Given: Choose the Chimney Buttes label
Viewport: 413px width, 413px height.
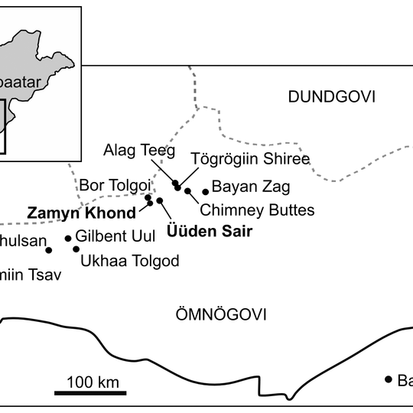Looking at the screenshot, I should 256,209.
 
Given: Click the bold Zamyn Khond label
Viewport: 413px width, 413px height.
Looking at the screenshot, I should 81,213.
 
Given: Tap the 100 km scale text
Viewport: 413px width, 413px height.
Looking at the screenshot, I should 93,381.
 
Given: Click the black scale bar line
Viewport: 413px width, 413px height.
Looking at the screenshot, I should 90,393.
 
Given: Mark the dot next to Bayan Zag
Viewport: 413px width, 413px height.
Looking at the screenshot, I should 205,192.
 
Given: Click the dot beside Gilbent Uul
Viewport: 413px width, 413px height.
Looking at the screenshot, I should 68,239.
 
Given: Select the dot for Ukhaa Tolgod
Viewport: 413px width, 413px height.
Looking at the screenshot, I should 76,249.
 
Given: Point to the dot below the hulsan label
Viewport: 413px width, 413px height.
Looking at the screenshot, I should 49,250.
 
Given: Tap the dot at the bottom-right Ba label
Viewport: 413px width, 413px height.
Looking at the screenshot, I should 388,379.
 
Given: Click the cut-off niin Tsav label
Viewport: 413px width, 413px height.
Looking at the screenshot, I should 29,274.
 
